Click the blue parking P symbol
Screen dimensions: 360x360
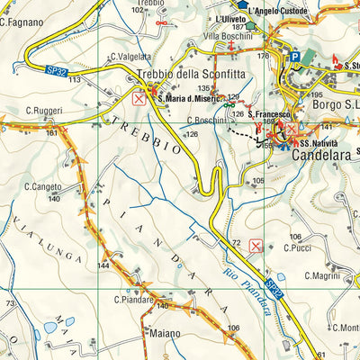coord(293,58)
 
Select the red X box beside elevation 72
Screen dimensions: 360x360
coord(256,245)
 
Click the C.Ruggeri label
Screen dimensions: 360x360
coord(42,111)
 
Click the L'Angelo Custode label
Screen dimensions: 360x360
coord(280,11)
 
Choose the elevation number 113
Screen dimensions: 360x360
coord(74,80)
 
